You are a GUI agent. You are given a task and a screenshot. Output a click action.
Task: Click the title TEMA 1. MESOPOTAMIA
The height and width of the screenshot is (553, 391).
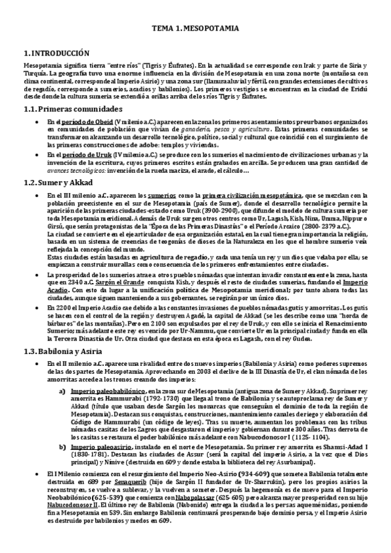195,29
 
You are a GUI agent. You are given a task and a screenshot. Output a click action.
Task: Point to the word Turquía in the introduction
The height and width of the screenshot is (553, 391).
35,74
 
